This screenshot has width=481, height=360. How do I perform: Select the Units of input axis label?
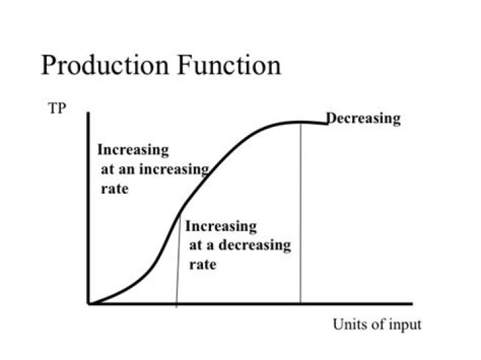[377, 325]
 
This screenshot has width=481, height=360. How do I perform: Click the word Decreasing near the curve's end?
[364, 119]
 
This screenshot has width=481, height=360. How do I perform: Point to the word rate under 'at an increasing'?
[114, 189]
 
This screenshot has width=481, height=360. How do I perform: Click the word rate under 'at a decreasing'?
[203, 264]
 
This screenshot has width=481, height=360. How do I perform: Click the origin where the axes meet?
[89, 304]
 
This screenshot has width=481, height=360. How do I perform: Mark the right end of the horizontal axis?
[412, 304]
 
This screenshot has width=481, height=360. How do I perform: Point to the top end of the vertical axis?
[88, 114]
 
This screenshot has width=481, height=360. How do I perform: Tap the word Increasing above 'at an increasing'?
[133, 150]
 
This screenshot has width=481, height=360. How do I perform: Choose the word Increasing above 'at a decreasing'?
[220, 226]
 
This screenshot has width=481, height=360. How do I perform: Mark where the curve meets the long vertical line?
[301, 122]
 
